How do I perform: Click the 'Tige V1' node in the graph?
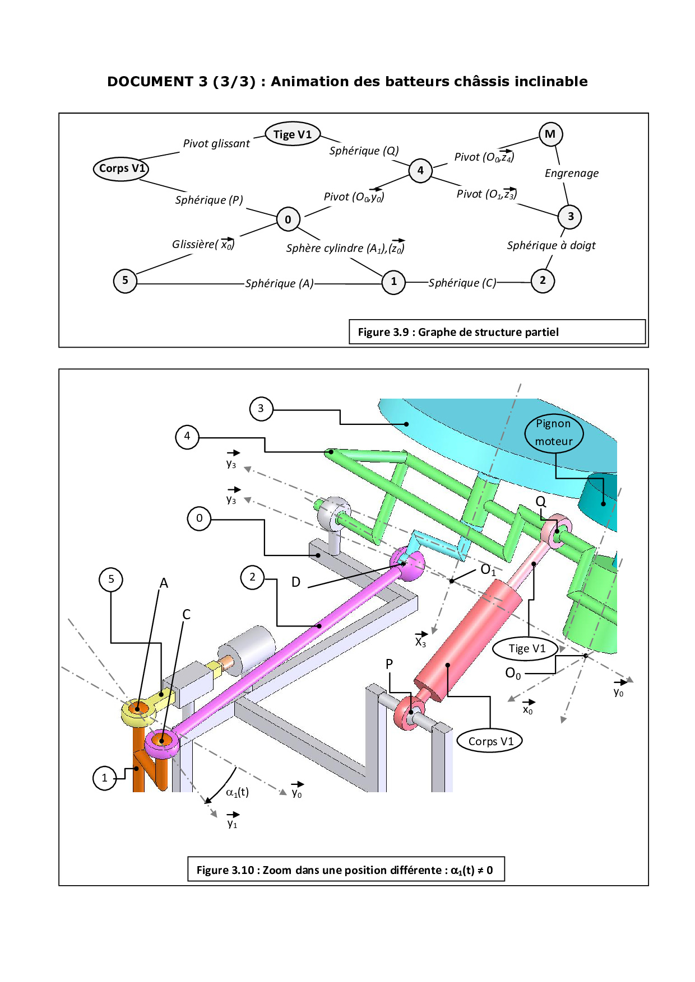(292, 134)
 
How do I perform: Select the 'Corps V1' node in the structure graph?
(121, 169)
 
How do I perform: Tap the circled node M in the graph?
(550, 134)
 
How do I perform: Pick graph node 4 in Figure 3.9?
(420, 170)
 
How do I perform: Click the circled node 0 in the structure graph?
(288, 219)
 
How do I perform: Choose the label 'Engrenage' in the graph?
(571, 174)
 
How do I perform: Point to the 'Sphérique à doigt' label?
(551, 245)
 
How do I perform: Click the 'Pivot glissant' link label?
(216, 144)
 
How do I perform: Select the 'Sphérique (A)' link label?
(279, 283)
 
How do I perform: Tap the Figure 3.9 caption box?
(497, 332)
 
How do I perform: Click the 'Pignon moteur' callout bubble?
(554, 433)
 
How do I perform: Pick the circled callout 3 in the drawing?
(261, 409)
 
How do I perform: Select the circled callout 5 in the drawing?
(111, 579)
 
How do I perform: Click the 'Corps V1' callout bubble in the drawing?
(490, 741)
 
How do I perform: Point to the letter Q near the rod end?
(540, 501)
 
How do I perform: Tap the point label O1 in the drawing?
(488, 570)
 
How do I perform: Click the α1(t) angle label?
(237, 792)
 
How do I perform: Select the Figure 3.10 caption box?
(346, 869)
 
